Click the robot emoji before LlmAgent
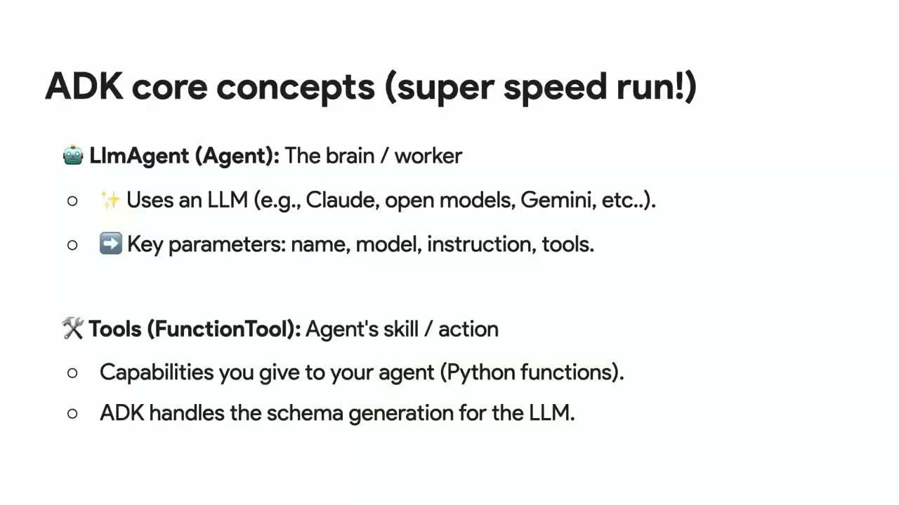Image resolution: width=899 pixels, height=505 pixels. [73, 155]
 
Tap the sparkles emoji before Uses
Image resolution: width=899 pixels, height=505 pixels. [111, 200]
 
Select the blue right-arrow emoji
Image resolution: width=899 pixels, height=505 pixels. [111, 243]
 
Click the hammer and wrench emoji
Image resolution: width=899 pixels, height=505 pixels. [72, 328]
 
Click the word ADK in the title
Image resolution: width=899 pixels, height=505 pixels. [84, 86]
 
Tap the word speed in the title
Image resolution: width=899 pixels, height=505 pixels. [555, 88]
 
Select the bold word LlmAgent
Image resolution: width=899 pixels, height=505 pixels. [139, 156]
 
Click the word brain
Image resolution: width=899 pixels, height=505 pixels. [350, 156]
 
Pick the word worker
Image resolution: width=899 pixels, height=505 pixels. [428, 156]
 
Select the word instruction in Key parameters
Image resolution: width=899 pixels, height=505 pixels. [482, 243]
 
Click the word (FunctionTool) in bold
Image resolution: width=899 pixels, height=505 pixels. [224, 329]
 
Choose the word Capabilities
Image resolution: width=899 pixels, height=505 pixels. [157, 372]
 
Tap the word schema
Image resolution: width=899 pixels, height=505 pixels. [305, 413]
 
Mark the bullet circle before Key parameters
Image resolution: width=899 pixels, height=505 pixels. [72, 245]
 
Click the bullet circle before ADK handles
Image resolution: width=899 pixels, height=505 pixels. [72, 414]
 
